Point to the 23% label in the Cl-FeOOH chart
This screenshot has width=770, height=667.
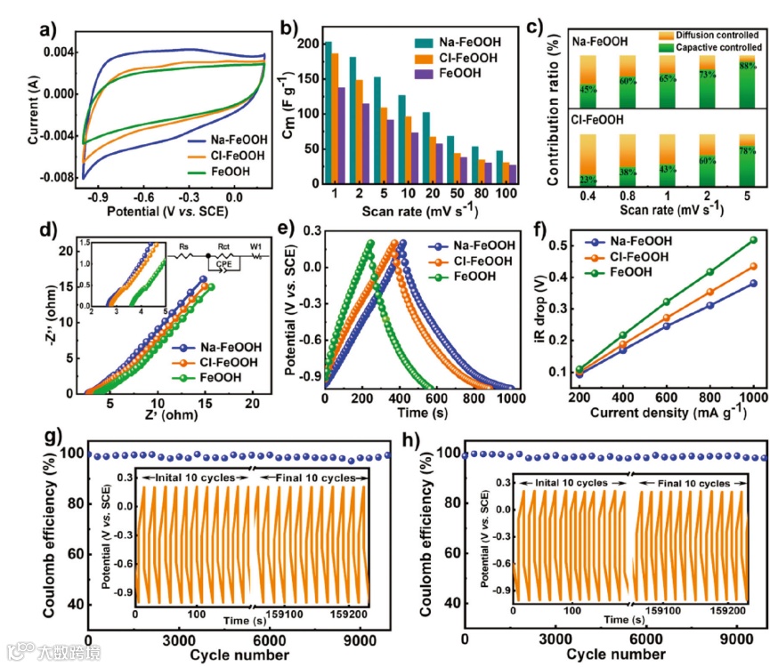click(x=588, y=178)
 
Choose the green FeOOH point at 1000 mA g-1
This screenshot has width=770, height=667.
click(x=753, y=239)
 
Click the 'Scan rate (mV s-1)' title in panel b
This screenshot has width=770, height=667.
click(x=430, y=213)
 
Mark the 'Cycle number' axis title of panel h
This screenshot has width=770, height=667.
click(x=614, y=655)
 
